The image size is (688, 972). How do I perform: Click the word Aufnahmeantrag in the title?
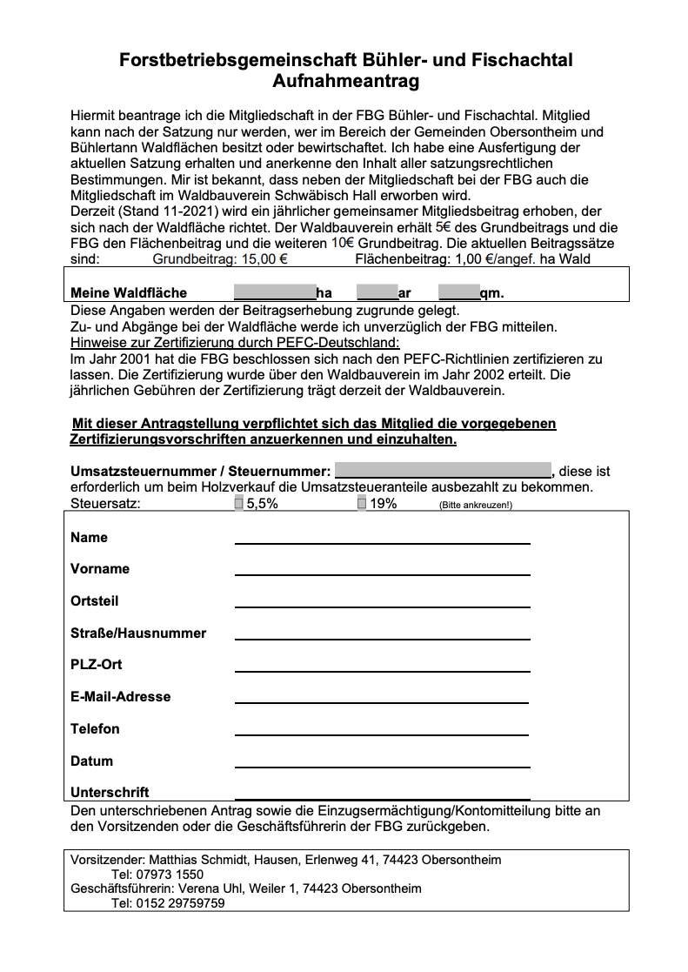click(x=345, y=82)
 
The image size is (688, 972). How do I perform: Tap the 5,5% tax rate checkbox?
click(x=239, y=503)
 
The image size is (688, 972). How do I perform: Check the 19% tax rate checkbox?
click(x=362, y=503)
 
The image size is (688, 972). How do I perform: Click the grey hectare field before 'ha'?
click(x=274, y=292)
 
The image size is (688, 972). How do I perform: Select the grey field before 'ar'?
click(x=377, y=292)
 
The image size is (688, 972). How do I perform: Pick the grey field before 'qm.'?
click(x=458, y=292)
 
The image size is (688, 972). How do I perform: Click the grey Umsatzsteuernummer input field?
click(x=443, y=471)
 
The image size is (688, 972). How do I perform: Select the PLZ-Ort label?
click(x=97, y=665)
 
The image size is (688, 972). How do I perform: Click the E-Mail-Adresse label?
click(x=121, y=697)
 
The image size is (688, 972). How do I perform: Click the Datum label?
click(x=92, y=761)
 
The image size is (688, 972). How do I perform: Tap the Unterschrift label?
click(x=110, y=793)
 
